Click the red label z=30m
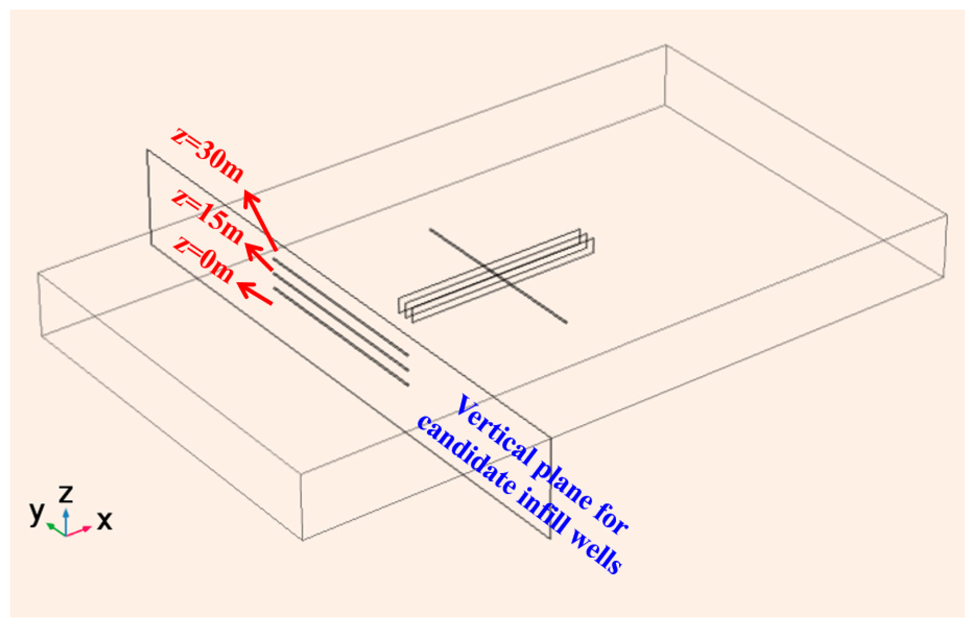pyautogui.click(x=208, y=155)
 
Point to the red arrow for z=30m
pyautogui.click(x=260, y=220)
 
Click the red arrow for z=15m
pyautogui.click(x=259, y=257)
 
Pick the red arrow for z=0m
pyautogui.click(x=255, y=293)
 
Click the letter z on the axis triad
pyautogui.click(x=66, y=494)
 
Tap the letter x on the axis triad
pyautogui.click(x=104, y=520)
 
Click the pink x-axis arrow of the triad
pyautogui.click(x=79, y=531)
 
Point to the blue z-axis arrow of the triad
pyautogui.click(x=66, y=521)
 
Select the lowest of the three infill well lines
pyautogui.click(x=341, y=337)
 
